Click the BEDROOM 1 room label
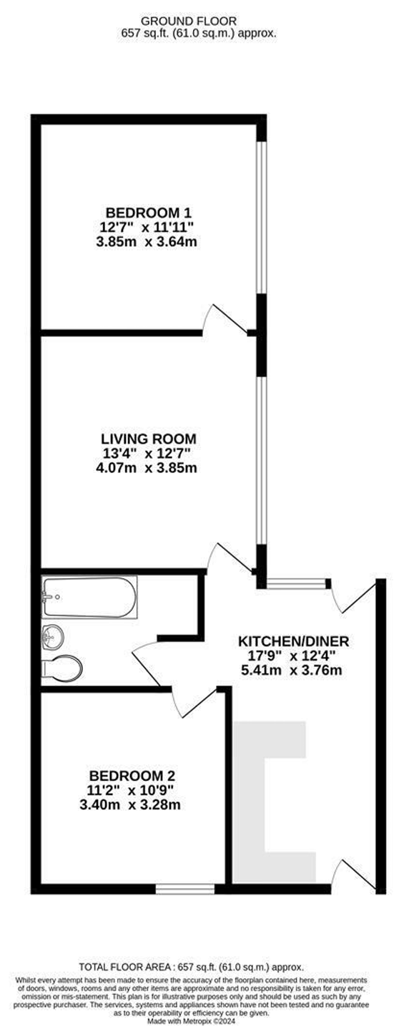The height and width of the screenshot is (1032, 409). point(149,213)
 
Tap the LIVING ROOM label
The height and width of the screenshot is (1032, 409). point(149,439)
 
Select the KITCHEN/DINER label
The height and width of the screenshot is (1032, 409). point(294,641)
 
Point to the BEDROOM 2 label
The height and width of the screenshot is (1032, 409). point(132,775)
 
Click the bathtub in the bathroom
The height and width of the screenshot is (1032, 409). point(89,597)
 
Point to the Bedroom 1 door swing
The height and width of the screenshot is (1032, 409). point(228,319)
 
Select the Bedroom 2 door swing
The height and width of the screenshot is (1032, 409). point(193,702)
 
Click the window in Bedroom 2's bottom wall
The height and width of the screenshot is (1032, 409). point(185,889)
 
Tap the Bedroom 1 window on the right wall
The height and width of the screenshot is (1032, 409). point(261,217)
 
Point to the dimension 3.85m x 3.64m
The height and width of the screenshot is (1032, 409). point(147,241)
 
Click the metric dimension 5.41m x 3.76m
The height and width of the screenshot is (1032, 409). point(292,670)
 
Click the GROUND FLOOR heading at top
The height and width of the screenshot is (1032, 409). point(189,21)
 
